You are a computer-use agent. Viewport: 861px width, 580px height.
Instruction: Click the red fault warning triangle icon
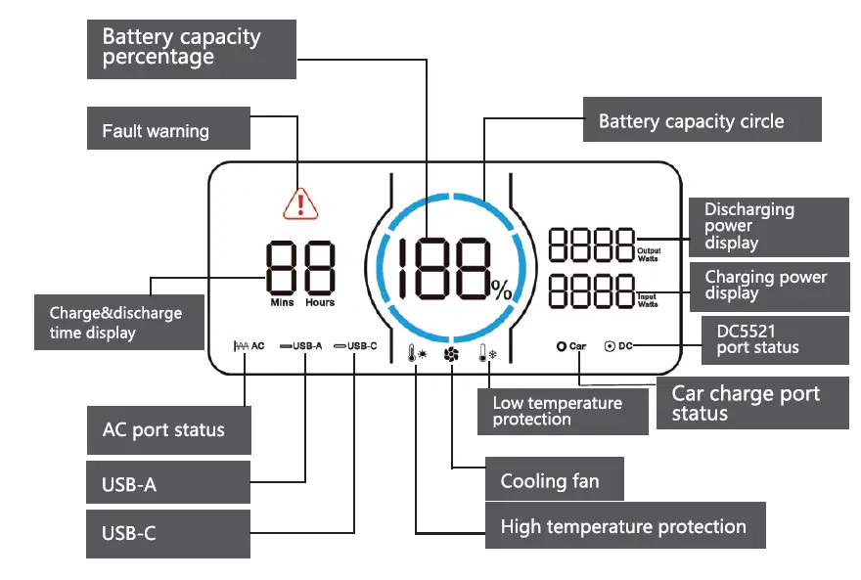click(x=300, y=202)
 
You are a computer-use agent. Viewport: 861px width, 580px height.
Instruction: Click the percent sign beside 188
click(x=501, y=290)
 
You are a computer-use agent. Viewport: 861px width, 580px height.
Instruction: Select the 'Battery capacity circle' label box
click(x=702, y=121)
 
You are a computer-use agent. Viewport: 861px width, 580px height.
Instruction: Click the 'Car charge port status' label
click(x=753, y=403)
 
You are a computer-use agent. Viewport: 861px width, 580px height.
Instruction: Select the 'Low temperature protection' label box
click(x=563, y=412)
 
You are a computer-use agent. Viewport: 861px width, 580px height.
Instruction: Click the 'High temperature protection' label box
click(x=625, y=527)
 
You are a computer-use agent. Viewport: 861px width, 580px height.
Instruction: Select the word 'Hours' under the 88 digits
click(x=319, y=303)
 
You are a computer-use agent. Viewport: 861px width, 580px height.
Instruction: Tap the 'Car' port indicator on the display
click(x=571, y=346)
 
